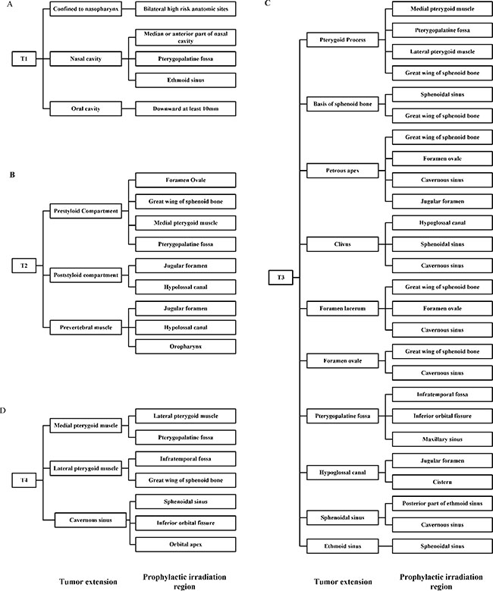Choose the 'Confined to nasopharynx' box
(x=82, y=10)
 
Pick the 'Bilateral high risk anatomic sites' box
(x=185, y=10)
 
